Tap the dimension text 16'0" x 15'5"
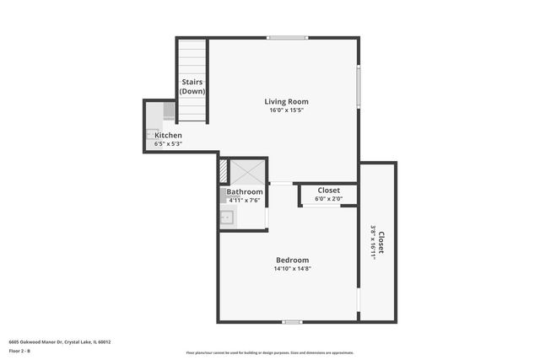(x=286, y=110)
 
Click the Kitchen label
(x=167, y=136)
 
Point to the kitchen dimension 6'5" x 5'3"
(x=168, y=144)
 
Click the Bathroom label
(x=244, y=192)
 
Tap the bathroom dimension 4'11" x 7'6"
(x=245, y=201)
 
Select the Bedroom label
(x=292, y=261)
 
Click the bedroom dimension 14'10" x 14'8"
(x=292, y=269)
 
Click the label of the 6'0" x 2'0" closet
(x=328, y=191)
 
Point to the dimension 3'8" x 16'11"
(x=373, y=242)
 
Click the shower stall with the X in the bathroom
(x=249, y=172)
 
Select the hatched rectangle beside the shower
(x=224, y=172)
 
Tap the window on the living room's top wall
(x=288, y=37)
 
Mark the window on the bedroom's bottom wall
(x=292, y=321)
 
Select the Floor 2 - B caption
(x=20, y=351)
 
